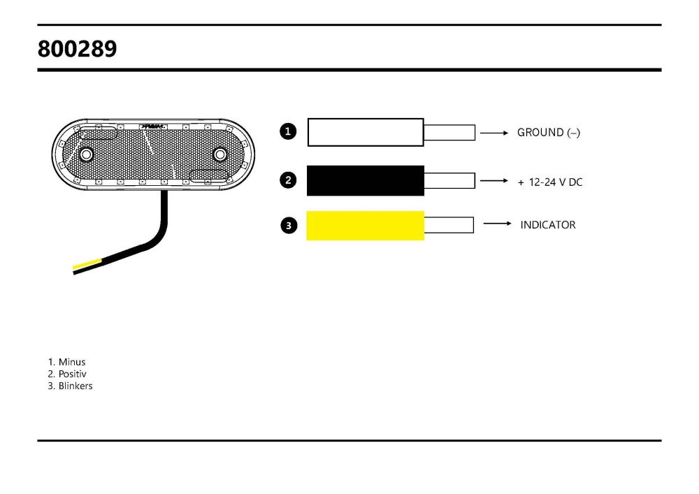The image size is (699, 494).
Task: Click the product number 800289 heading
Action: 78,49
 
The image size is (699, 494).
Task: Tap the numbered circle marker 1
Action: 287,131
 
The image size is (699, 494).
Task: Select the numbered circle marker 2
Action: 288,180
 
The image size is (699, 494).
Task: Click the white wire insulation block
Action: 366,132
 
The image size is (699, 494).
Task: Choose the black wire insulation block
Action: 366,180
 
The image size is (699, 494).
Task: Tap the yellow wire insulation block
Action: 366,225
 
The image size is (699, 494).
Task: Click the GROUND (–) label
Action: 548,133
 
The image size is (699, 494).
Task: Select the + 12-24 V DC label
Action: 549,182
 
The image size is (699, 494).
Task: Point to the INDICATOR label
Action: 548,225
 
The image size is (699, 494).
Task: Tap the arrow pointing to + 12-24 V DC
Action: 493,181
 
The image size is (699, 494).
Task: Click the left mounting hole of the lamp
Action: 87,154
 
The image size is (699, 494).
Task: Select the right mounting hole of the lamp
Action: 220,154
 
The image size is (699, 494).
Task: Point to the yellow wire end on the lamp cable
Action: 87,265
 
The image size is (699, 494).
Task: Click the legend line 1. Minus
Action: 67,362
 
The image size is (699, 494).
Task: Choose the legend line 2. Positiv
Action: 68,374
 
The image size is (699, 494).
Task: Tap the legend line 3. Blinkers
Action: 70,386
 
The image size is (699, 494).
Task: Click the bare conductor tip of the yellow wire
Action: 449,225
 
